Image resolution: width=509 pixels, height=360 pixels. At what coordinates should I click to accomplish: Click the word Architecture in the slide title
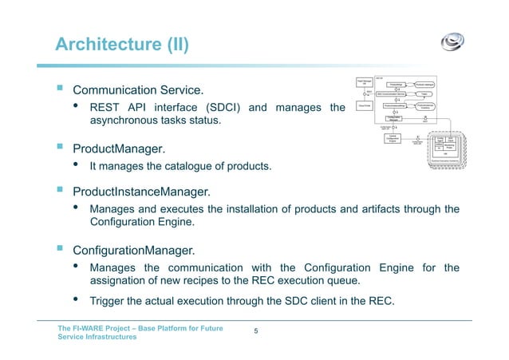[107, 43]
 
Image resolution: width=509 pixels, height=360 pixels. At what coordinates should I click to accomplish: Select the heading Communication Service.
[144, 89]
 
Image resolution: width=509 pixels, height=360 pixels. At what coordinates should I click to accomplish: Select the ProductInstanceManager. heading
[142, 192]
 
